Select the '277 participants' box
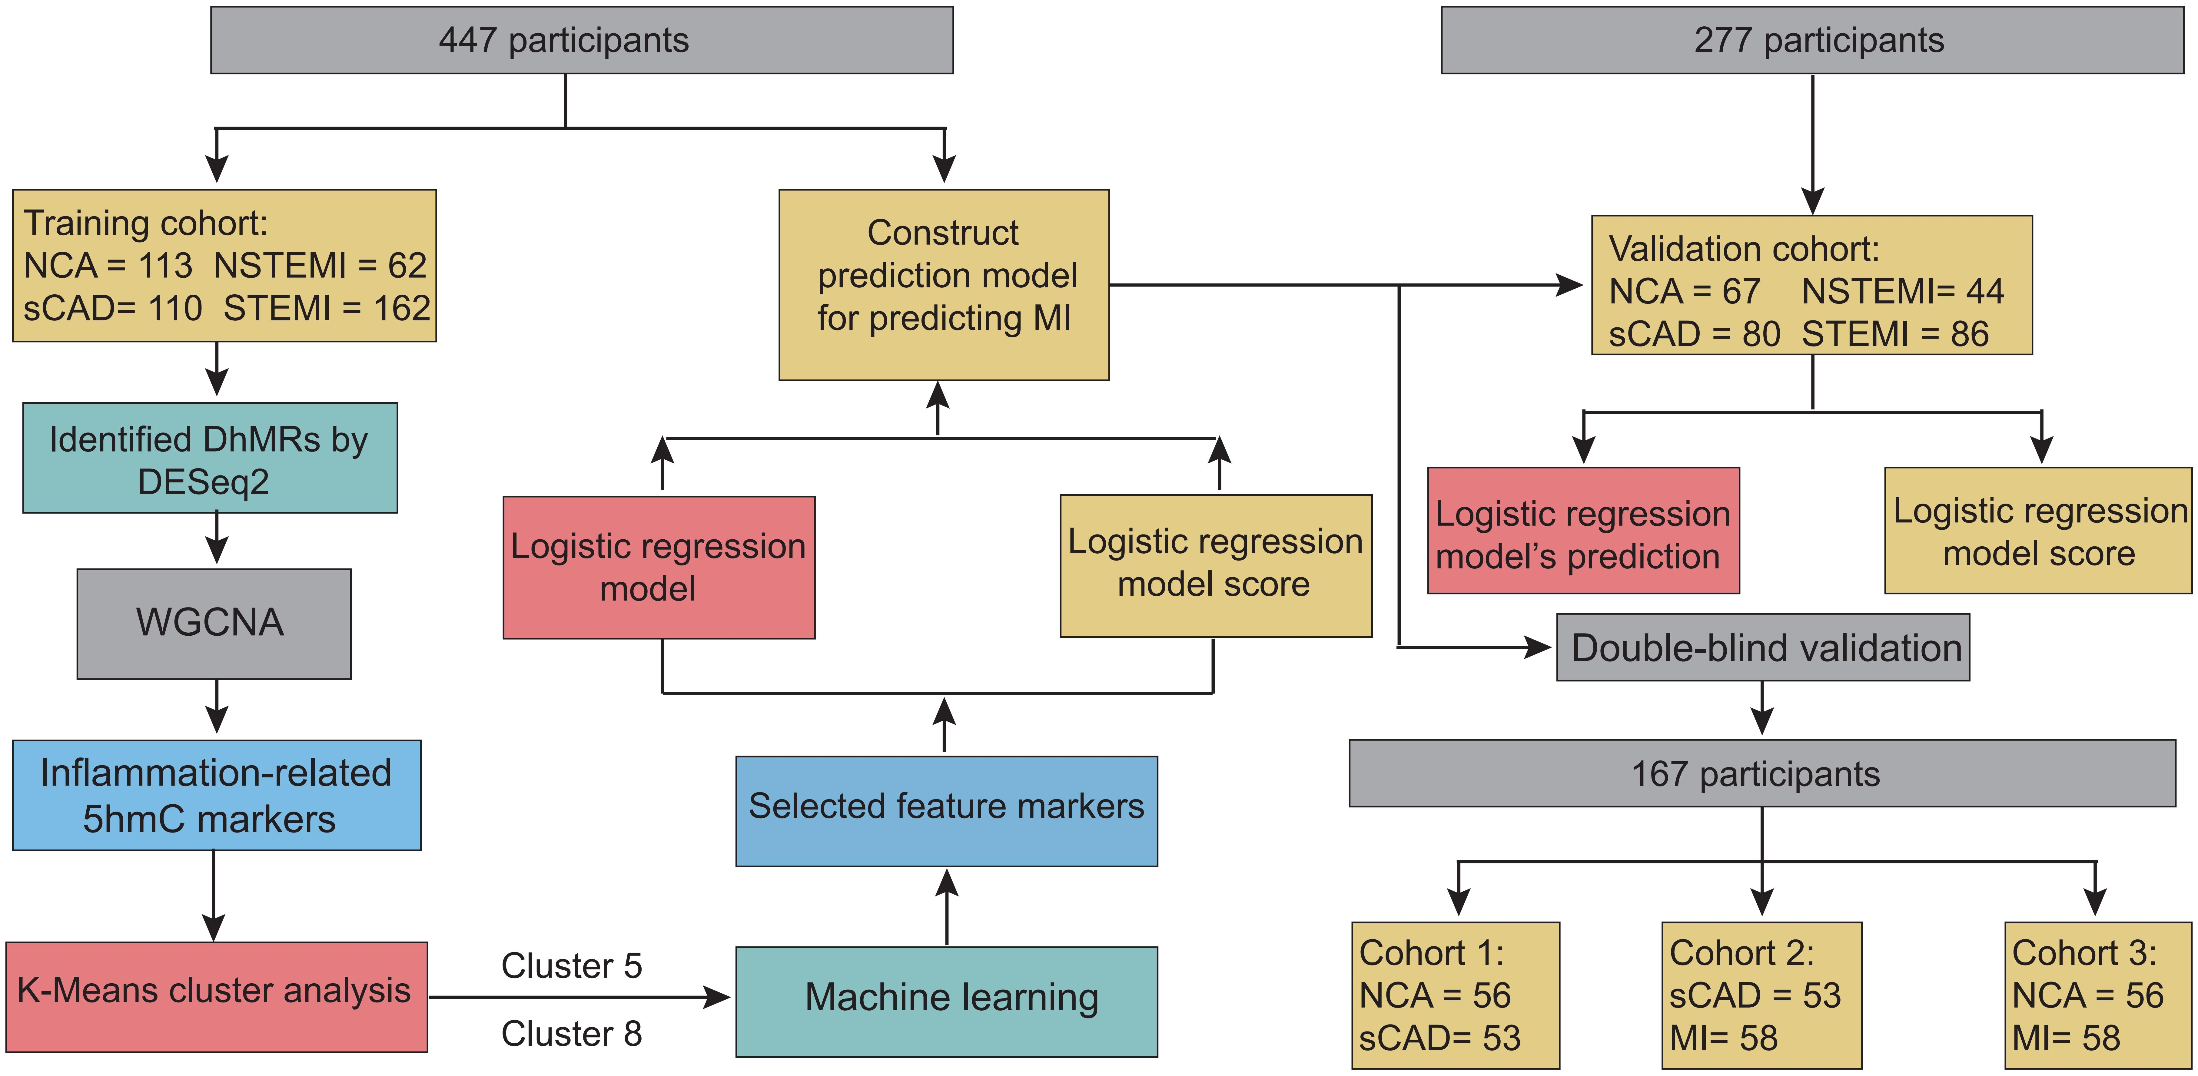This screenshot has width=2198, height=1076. coord(1811,40)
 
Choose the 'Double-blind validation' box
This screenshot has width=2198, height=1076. coord(1763,648)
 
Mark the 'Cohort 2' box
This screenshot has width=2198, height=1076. coord(1761,995)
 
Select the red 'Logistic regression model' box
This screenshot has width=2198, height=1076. coord(659,568)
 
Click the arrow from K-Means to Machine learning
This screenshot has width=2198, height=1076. coord(580,997)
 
